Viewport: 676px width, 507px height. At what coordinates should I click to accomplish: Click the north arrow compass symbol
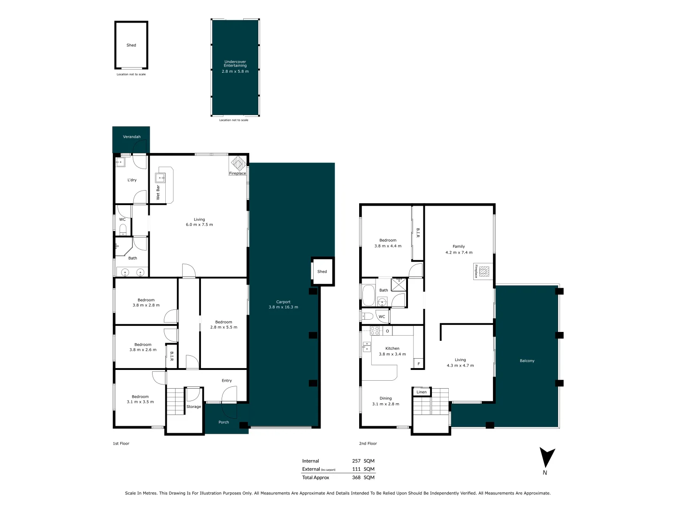[546, 458]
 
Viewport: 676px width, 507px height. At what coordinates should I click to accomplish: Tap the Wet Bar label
[158, 192]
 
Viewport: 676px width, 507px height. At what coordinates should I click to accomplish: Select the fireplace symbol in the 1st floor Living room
[238, 163]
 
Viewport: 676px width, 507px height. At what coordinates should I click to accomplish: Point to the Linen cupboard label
[422, 392]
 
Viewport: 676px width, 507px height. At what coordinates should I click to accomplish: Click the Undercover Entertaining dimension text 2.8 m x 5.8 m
[235, 71]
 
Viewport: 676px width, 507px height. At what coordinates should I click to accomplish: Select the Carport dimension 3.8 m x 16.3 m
[283, 307]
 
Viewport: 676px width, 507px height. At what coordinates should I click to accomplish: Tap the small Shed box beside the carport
[323, 271]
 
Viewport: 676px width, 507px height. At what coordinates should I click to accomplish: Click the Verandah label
[131, 137]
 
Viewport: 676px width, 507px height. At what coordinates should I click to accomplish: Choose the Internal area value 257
[356, 461]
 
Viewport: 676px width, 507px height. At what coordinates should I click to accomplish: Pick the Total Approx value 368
[356, 477]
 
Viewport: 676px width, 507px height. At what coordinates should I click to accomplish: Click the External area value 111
[356, 469]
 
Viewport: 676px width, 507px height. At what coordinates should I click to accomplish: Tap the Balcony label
[527, 361]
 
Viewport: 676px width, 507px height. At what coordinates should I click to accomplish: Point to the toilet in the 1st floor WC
[123, 230]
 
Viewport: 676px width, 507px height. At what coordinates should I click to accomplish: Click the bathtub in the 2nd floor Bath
[369, 295]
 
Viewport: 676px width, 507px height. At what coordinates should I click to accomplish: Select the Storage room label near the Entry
[193, 407]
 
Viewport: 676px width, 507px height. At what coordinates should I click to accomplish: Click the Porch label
[223, 422]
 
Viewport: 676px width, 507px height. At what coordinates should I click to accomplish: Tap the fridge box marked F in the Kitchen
[418, 364]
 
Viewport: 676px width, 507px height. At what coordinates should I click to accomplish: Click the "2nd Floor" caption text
[368, 443]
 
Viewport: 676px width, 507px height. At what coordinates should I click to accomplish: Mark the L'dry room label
[132, 180]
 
